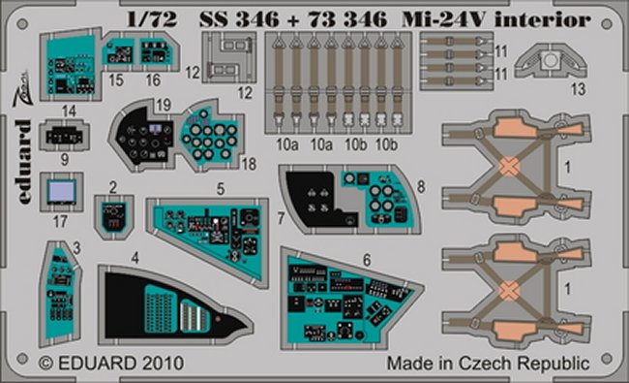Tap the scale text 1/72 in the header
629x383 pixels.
pos(152,19)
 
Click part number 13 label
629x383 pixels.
pos(578,89)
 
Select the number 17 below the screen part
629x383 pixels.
pos(60,221)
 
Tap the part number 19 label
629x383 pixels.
pos(164,106)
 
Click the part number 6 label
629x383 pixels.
pos(367,260)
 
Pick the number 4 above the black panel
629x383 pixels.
pos(135,258)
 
